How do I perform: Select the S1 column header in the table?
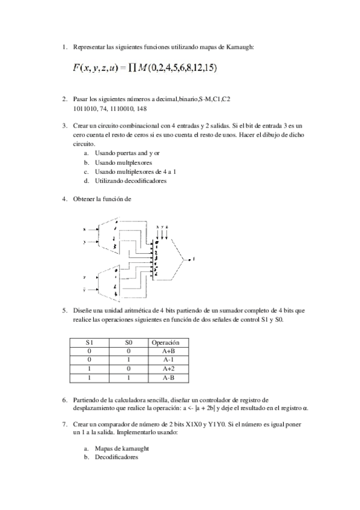pos(89,342)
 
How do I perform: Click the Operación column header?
pos(168,342)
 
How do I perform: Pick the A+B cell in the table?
pos(168,351)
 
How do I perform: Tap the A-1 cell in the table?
pos(168,360)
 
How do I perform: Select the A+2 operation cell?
pos(168,369)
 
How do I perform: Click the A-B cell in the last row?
pos(168,378)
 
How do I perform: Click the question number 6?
pos(64,399)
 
